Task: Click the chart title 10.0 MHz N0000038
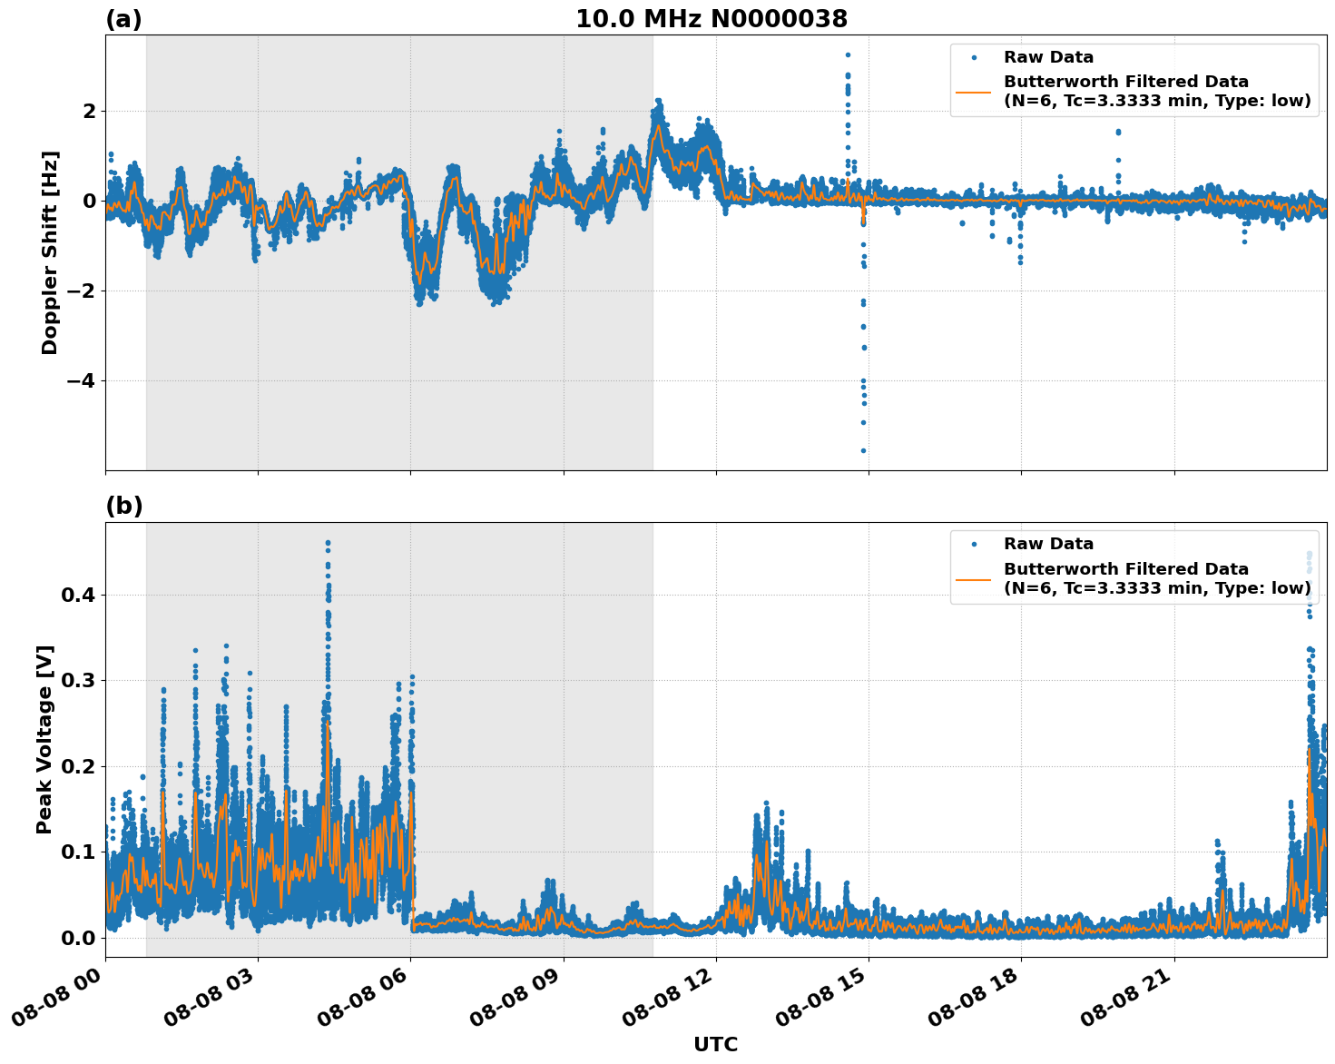(712, 19)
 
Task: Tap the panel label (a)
(123, 19)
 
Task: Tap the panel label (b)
(123, 506)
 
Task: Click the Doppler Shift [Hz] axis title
(50, 252)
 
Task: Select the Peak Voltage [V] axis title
(44, 739)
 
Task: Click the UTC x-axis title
(715, 1044)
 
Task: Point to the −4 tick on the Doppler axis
(83, 380)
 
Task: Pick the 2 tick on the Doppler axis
(90, 111)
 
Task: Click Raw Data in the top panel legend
(1048, 57)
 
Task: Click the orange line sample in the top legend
(974, 92)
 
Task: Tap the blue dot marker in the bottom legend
(974, 544)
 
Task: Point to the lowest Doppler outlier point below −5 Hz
(863, 450)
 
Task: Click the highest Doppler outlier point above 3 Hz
(848, 54)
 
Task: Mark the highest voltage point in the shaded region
(328, 543)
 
